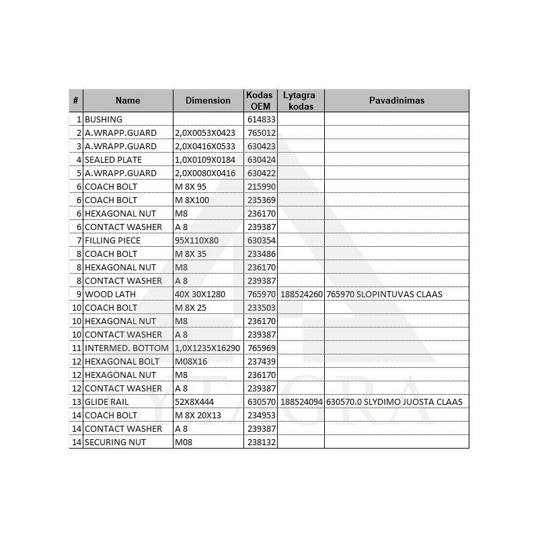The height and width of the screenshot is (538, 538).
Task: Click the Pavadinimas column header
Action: click(x=396, y=100)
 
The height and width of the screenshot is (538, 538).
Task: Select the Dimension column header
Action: click(x=208, y=100)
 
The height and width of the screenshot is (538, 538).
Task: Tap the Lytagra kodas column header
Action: click(x=299, y=100)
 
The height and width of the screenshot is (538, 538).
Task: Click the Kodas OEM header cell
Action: click(x=260, y=100)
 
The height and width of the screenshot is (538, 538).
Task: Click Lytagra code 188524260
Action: click(x=302, y=294)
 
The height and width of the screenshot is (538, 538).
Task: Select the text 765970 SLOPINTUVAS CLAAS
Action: click(x=384, y=294)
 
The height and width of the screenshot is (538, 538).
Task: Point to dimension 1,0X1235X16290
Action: click(x=207, y=348)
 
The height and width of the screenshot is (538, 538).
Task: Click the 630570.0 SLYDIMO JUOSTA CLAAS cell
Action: click(x=394, y=401)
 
